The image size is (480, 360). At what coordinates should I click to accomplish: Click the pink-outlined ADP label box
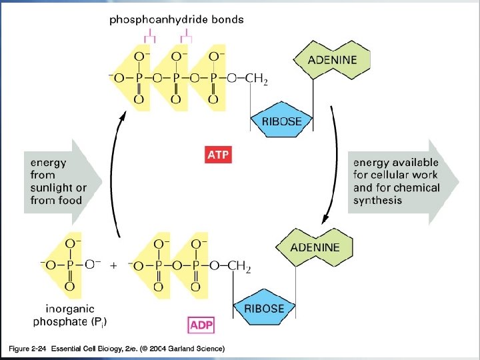click(x=202, y=325)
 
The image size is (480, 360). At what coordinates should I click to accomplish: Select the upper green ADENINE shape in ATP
click(x=332, y=59)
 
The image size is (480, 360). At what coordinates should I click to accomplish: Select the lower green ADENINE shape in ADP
click(x=315, y=247)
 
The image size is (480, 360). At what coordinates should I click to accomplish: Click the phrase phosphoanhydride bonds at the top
click(x=177, y=19)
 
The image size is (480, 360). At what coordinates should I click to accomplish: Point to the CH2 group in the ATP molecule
click(x=256, y=80)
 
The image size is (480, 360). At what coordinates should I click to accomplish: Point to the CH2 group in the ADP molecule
click(x=239, y=267)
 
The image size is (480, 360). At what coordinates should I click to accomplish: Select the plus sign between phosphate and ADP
click(x=113, y=265)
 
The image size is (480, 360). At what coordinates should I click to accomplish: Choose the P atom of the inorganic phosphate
click(x=70, y=265)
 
